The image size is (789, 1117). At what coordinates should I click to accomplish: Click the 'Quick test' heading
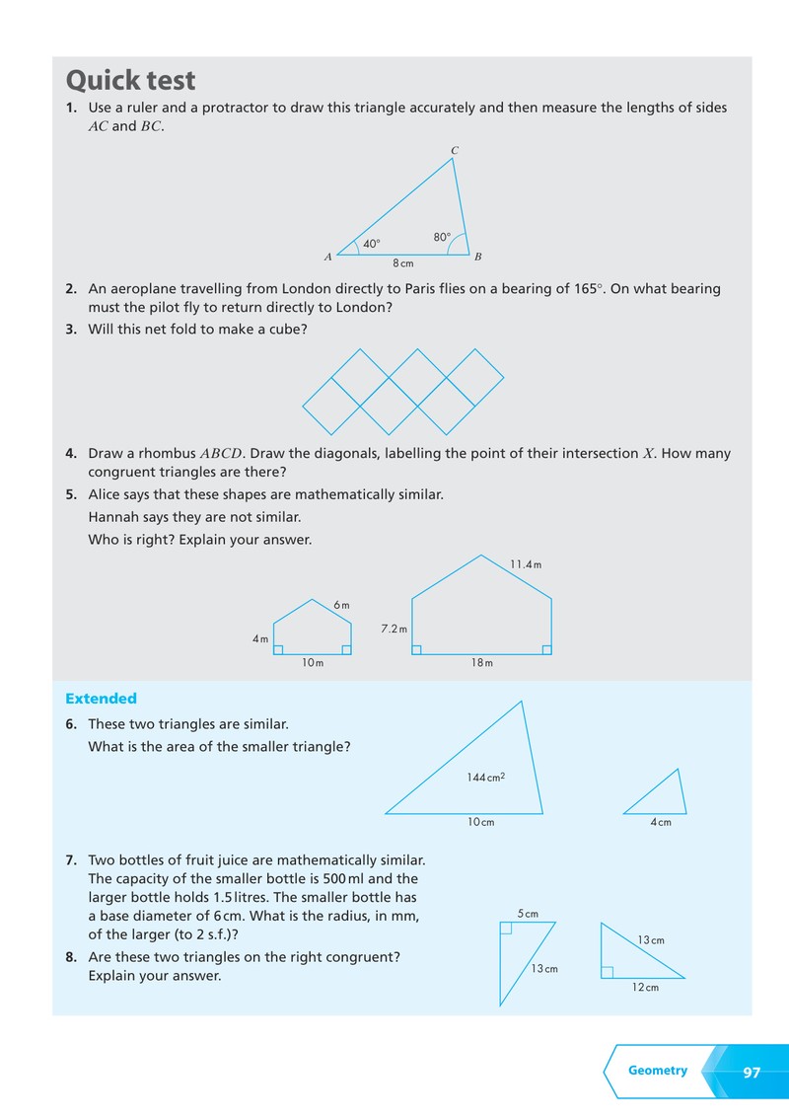coord(130,80)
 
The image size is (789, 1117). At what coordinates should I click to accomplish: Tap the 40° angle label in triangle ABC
coord(372,244)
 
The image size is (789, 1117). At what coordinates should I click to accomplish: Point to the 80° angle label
coord(442,237)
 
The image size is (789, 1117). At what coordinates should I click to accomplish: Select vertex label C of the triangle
coord(455,150)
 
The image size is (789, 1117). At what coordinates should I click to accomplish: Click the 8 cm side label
coord(403,263)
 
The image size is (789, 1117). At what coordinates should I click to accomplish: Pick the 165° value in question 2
coord(588,288)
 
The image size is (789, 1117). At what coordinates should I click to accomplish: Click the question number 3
coord(70,330)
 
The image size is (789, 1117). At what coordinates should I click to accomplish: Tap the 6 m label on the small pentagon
coord(342,606)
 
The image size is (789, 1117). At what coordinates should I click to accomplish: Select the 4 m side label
coord(260,639)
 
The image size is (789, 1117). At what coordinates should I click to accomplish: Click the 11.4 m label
coord(526,564)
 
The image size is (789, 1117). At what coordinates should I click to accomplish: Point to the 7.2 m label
coord(394,629)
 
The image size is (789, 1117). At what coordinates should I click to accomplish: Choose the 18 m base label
coord(482,662)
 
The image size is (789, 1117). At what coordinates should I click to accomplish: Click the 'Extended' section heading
coord(102,699)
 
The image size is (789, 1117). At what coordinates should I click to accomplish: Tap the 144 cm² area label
coord(486,778)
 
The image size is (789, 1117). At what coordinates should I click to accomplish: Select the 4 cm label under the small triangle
coord(661,822)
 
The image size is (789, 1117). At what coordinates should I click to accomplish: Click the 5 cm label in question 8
coord(528,914)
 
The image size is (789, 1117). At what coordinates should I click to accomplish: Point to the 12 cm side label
coord(645,988)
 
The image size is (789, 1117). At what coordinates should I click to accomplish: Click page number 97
coord(752,1073)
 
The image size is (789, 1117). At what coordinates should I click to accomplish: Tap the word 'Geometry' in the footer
coord(658,1071)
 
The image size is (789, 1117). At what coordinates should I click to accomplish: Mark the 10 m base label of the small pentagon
coord(313,662)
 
